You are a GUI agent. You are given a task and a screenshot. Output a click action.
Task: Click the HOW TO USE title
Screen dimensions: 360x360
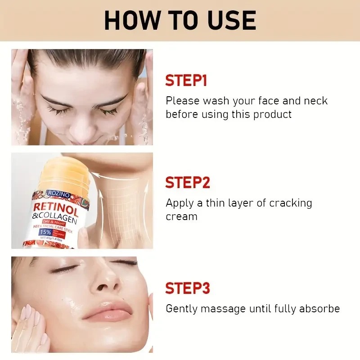tap(180, 20)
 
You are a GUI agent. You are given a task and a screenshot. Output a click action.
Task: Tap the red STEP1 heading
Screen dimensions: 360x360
tap(186, 81)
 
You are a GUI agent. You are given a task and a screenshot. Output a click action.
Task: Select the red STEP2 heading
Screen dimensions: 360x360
tap(187, 183)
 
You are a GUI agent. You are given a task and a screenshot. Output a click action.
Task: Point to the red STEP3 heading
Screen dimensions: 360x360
tap(187, 288)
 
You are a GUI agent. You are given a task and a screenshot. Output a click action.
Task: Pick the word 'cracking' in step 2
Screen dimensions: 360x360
tap(290, 203)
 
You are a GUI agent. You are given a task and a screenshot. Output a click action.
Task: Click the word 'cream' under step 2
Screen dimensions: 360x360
tap(181, 216)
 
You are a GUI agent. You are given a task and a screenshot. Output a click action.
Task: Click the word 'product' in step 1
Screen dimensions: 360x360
tap(272, 114)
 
